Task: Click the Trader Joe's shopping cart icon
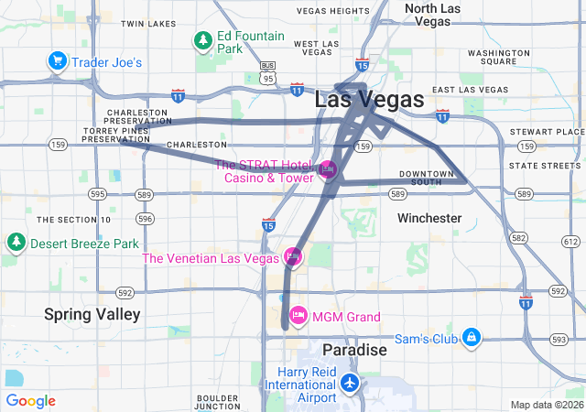click(58, 62)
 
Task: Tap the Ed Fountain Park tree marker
click(202, 40)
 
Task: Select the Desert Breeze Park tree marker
click(16, 244)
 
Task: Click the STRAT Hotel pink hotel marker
click(328, 170)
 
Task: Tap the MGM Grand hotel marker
click(298, 318)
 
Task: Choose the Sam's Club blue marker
click(471, 339)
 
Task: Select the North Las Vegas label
click(433, 14)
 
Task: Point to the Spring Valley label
click(92, 314)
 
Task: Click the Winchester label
click(429, 218)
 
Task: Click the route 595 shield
click(98, 194)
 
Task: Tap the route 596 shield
click(145, 219)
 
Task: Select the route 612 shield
click(571, 242)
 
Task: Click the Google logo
click(30, 400)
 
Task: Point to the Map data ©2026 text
click(546, 405)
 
